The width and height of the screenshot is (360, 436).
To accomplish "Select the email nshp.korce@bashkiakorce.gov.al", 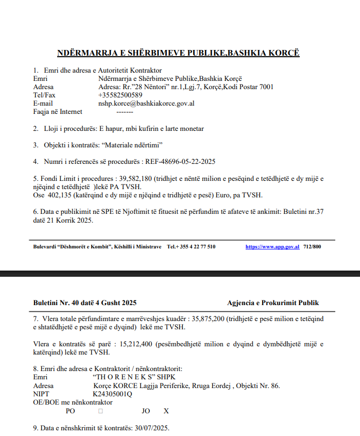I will pos(146,103).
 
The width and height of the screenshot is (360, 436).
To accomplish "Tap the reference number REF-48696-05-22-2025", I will pos(180,161).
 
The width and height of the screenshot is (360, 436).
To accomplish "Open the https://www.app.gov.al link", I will pos(272,247).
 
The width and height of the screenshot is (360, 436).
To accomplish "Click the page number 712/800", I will pos(312,247).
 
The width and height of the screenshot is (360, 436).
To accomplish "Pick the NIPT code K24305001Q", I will pos(113,394).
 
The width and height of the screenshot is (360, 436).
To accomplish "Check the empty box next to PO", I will pos(100,411).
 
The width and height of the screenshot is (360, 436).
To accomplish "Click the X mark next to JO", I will pos(166,411).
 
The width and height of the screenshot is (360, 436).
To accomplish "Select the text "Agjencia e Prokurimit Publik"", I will pos(273,303).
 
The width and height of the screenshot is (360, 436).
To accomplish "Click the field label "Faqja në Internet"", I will pos(58,111).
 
